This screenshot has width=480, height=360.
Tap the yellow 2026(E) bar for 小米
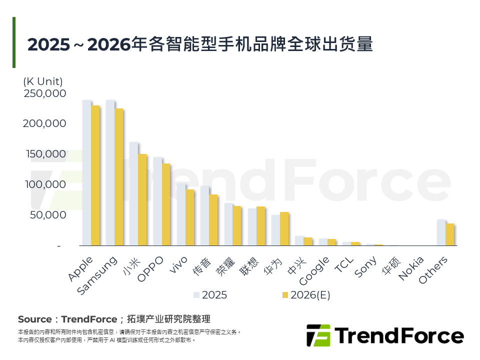pos(142,199)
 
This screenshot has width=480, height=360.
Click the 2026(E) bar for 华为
pos(284,228)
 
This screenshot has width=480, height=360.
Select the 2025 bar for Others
pos(441,232)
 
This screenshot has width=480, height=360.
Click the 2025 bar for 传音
pos(205,215)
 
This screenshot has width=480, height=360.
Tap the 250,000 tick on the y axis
pos(44,93)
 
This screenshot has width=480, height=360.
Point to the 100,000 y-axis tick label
pos(44,184)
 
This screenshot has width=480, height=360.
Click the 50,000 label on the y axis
pos(47,215)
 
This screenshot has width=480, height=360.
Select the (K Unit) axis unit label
pos(43,81)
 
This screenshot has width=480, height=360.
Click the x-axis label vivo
pos(178,265)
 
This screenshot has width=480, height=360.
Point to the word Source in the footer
pos(34,319)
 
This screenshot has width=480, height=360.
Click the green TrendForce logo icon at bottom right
pos(318,335)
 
